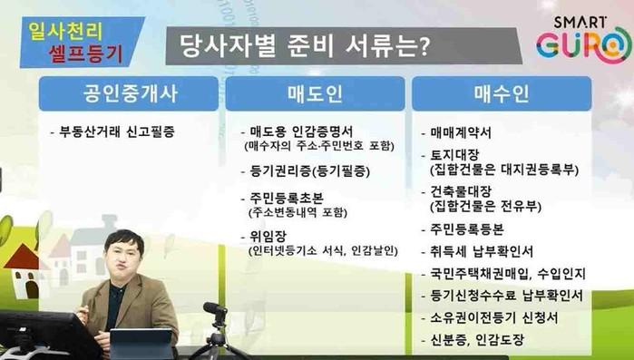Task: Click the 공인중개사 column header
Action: click(x=129, y=93)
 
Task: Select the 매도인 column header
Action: click(x=315, y=93)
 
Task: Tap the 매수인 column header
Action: click(x=502, y=93)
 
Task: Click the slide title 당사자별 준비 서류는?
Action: click(x=304, y=46)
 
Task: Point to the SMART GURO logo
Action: click(x=583, y=39)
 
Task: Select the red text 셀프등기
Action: click(x=85, y=52)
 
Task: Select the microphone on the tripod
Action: click(x=216, y=309)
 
